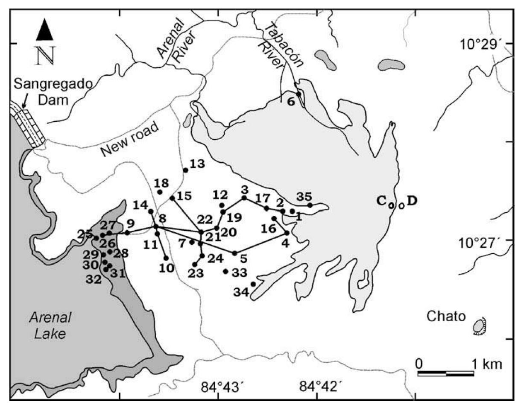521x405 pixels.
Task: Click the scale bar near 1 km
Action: (445, 374)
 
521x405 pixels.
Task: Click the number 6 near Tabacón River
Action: (291, 102)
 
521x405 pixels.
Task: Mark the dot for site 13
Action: (185, 170)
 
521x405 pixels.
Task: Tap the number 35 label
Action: (304, 197)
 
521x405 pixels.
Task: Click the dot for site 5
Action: (234, 253)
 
